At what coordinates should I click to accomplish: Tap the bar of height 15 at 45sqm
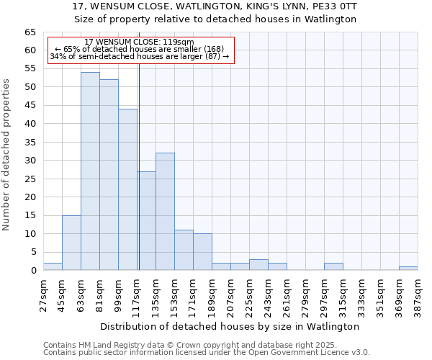click(x=71, y=243)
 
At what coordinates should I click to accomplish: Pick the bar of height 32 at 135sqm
click(x=165, y=212)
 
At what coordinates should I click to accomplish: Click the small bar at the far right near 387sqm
click(x=408, y=269)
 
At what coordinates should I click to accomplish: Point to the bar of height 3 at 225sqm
click(x=258, y=265)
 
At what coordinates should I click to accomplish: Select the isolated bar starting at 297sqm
click(x=333, y=266)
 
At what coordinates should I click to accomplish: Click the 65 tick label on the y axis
click(x=30, y=32)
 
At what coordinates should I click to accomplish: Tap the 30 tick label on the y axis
click(x=30, y=161)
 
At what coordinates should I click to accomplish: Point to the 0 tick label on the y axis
click(x=32, y=271)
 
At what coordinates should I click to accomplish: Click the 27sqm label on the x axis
click(x=44, y=294)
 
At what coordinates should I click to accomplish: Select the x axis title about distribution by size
click(x=230, y=326)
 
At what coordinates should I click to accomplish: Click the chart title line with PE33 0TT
click(x=215, y=6)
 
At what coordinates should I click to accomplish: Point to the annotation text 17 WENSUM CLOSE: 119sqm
click(x=140, y=42)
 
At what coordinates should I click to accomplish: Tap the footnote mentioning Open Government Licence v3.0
click(x=207, y=352)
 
